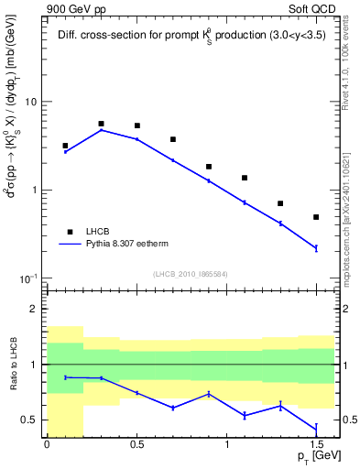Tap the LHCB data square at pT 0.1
65,146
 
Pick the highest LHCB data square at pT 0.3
101,124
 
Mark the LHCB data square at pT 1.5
316,217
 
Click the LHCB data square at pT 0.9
209,167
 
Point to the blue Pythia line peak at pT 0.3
101,130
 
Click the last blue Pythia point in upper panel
316,248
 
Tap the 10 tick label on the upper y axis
29,102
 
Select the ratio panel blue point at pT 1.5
316,430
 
